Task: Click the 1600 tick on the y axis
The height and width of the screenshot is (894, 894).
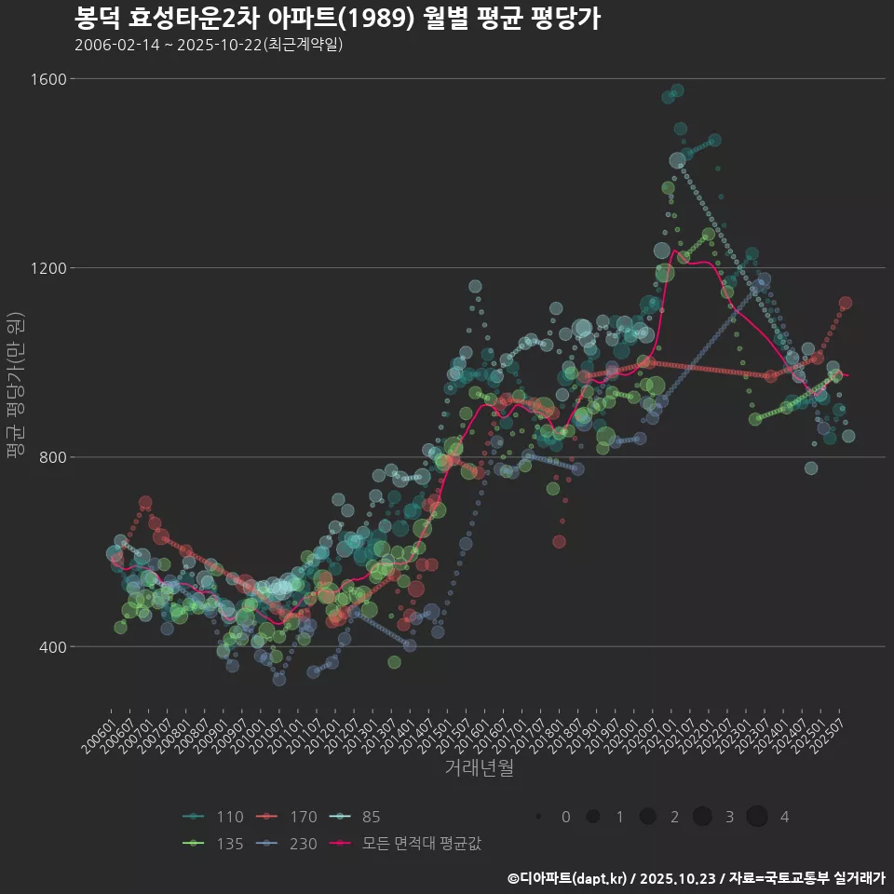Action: click(x=52, y=79)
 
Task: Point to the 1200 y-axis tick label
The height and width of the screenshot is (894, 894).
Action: click(x=52, y=268)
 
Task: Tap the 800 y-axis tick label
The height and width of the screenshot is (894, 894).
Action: click(x=56, y=457)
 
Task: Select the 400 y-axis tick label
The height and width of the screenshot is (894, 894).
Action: click(x=56, y=646)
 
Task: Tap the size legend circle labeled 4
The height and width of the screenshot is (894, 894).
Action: click(x=756, y=817)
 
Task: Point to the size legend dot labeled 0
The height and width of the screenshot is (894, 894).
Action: click(x=539, y=817)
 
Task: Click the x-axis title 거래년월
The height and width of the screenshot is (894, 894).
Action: click(x=479, y=768)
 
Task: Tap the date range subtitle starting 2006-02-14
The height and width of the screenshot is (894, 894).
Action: click(x=210, y=44)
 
